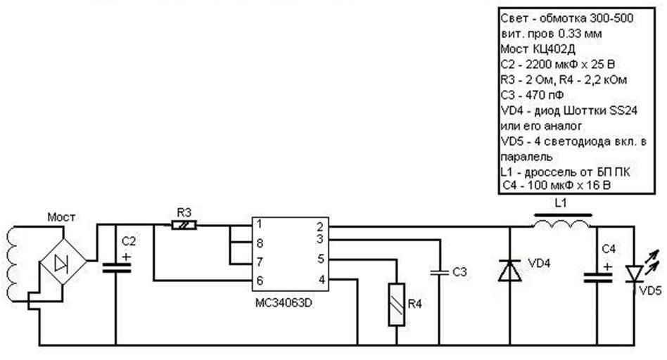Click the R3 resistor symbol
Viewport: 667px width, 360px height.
184,225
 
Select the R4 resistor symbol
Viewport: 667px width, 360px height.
397,305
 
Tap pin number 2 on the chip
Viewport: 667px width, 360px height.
319,226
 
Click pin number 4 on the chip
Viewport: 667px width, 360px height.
319,279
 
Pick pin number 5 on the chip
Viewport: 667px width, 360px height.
319,259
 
